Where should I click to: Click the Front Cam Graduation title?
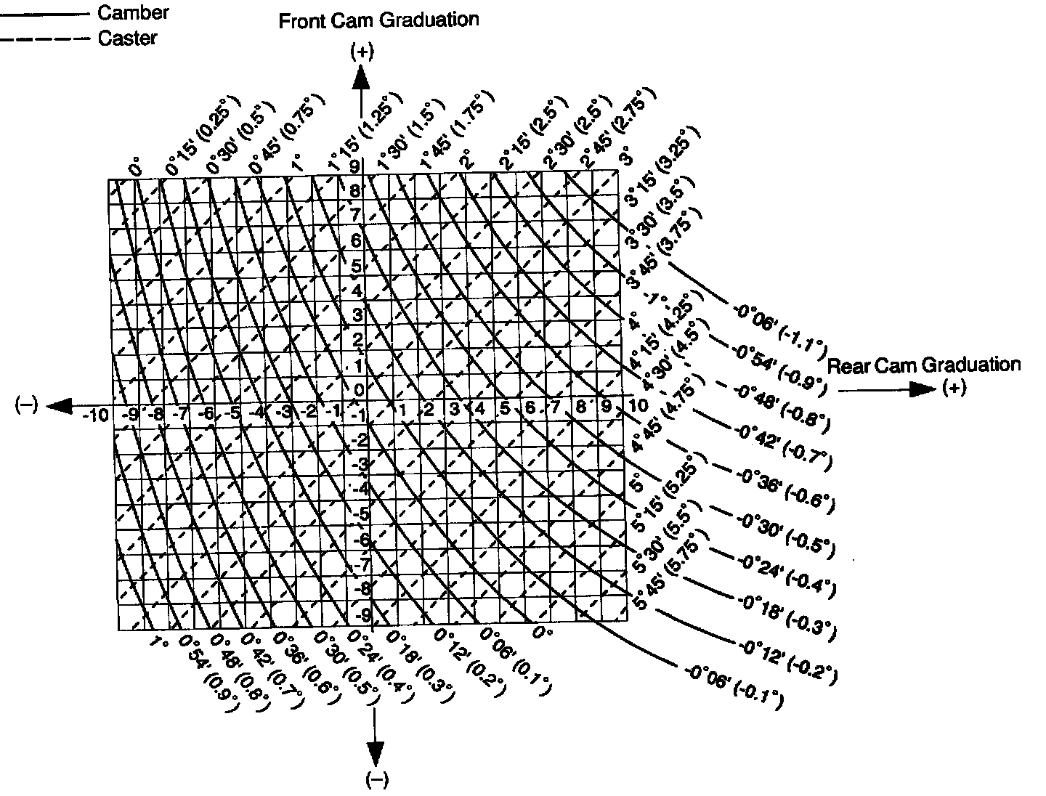[378, 20]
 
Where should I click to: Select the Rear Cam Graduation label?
[924, 365]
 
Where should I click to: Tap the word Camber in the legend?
[133, 12]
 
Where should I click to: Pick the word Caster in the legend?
[127, 38]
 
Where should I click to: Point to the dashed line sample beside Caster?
[45, 38]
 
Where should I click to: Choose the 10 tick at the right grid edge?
[638, 405]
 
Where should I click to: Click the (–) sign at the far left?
[25, 405]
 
